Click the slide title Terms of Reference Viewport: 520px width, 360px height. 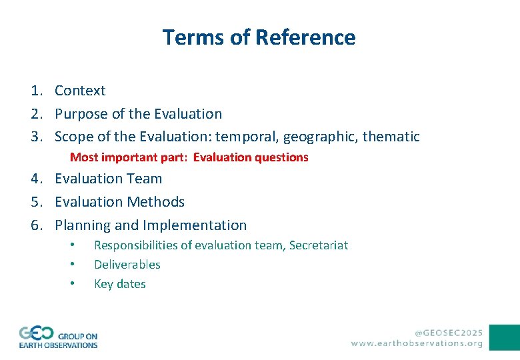(259, 37)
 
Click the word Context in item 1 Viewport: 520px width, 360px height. (80, 91)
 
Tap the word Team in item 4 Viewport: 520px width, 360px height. (145, 179)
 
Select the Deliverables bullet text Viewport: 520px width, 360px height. (127, 265)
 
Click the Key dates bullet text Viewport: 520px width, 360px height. (120, 284)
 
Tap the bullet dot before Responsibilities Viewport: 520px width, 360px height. (72, 245)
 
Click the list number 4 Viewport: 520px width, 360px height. (35, 179)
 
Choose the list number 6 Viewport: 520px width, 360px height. (35, 225)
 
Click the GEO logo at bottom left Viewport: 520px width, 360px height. (58, 337)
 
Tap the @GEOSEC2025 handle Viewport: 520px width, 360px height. (449, 332)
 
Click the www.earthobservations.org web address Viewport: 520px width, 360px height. (417, 343)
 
